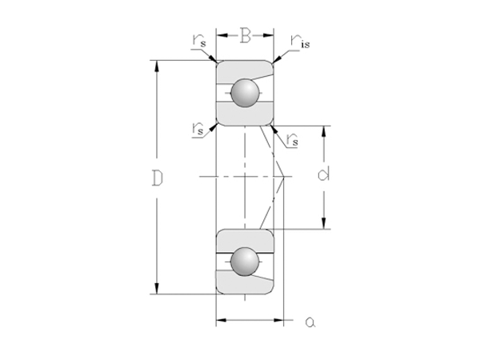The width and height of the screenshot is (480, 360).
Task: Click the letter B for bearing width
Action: [x=246, y=35]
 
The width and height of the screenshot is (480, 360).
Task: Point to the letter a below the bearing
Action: [x=310, y=322]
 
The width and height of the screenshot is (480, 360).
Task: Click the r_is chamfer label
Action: [x=300, y=41]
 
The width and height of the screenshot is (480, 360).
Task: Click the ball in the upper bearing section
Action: [x=246, y=93]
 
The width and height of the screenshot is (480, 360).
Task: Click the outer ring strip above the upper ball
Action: [x=246, y=69]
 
